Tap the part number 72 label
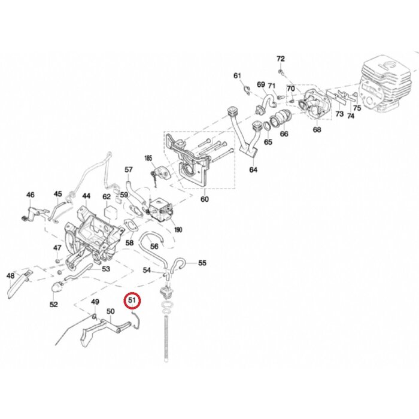point(281,59)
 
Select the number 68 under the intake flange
point(317,129)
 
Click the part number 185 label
point(148,158)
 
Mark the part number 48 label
point(10,276)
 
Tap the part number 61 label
point(237,75)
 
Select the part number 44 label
point(86,196)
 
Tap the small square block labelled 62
point(108,211)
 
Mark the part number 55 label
point(202,263)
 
